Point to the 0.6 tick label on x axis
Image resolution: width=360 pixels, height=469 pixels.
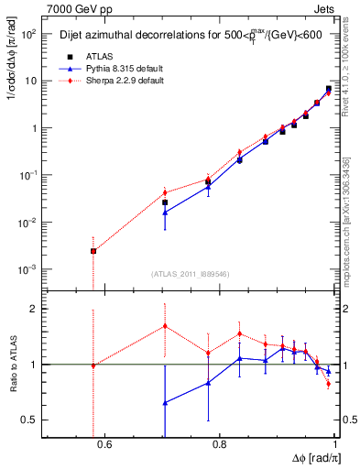pyautogui.click(x=104, y=446)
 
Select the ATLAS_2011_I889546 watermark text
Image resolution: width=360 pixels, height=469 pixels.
pyautogui.click(x=190, y=274)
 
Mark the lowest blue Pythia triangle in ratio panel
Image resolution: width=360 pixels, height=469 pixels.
pyautogui.click(x=165, y=403)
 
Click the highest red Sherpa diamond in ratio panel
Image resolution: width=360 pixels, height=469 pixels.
pyautogui.click(x=165, y=326)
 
